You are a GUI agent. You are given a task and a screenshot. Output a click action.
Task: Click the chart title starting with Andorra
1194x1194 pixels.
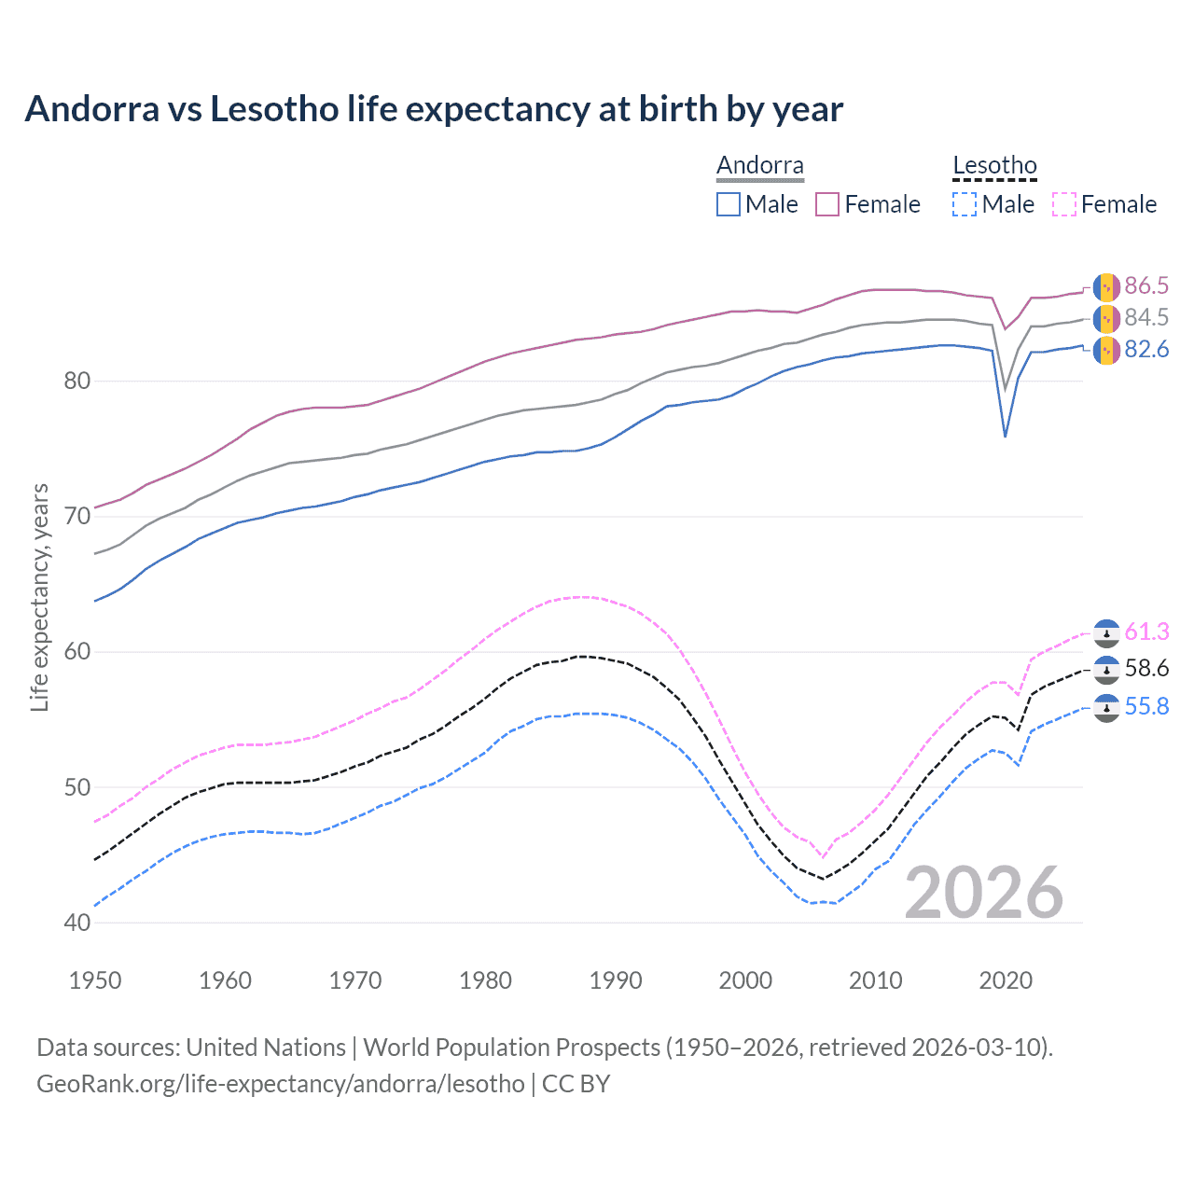coord(434,109)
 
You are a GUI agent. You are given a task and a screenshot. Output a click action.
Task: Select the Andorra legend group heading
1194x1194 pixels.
coord(759,166)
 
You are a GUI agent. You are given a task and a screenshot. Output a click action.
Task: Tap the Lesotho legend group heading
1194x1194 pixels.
coord(994,166)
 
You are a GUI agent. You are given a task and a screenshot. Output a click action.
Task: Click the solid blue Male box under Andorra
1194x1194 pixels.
coord(729,204)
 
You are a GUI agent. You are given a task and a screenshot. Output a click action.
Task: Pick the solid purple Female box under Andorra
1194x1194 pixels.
coord(827,204)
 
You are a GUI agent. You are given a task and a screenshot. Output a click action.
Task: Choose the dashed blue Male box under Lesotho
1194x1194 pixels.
coord(965,204)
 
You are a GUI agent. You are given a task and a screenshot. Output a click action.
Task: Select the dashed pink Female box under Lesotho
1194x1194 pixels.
coord(1064,204)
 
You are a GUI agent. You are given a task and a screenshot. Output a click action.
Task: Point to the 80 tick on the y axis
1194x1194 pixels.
coord(78,381)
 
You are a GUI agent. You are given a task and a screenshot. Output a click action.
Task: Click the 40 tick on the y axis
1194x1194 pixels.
coord(78,923)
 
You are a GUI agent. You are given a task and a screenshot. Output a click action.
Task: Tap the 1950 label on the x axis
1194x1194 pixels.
coord(96,980)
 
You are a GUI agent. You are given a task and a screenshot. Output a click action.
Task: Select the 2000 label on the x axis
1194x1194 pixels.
coord(745,980)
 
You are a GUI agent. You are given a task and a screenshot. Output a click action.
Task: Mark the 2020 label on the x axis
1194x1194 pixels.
coord(1006,980)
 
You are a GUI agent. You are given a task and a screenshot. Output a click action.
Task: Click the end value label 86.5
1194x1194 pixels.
coord(1146,285)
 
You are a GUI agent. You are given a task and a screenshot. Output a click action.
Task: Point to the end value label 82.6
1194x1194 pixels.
coord(1146,350)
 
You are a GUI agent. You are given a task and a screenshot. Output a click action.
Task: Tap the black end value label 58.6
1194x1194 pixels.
coord(1146,669)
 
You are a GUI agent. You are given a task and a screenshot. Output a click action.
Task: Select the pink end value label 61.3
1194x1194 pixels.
coord(1146,632)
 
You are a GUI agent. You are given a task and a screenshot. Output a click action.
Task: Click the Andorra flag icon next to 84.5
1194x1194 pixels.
coord(1106,318)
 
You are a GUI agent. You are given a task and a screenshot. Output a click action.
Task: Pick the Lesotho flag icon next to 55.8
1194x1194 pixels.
coord(1106,708)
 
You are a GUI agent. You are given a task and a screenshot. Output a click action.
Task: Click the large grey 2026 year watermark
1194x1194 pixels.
coord(983,893)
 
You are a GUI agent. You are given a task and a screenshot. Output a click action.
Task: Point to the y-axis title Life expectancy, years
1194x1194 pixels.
coord(40,597)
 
